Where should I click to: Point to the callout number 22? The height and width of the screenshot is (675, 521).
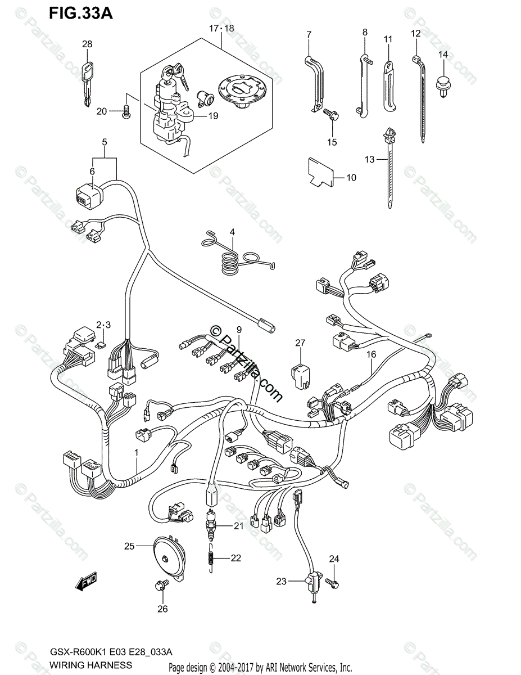(x=235, y=558)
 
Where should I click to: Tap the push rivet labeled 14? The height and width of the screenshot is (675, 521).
(x=442, y=85)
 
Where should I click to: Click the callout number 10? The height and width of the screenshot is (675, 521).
(x=351, y=178)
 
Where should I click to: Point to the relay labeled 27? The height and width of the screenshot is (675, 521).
(x=300, y=374)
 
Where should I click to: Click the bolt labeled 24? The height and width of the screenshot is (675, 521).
(x=334, y=584)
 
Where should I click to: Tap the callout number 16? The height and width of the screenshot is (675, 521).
(x=371, y=354)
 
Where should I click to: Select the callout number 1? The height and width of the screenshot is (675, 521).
(x=135, y=452)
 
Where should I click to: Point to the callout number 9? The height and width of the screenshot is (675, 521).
(x=238, y=328)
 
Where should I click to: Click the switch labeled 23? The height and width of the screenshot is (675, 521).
(x=312, y=580)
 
